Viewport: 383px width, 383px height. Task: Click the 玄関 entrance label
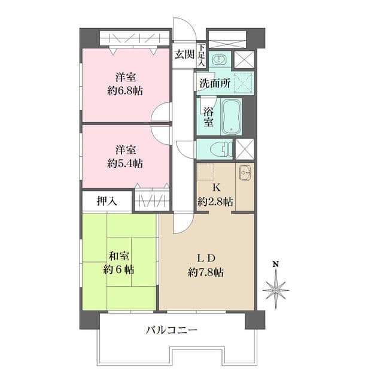(184, 54)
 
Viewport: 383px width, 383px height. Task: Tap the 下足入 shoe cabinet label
(202, 54)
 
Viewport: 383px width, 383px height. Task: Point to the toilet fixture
(220, 148)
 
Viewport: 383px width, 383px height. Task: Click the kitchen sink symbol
(244, 173)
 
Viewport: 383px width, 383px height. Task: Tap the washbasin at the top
(220, 59)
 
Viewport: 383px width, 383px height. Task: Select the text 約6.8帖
(126, 91)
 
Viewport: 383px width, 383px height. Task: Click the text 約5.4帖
(126, 163)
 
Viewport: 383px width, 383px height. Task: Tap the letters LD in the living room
(206, 259)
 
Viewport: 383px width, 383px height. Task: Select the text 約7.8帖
(206, 272)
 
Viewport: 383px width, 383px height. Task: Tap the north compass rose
(275, 290)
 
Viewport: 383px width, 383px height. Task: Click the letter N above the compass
(275, 264)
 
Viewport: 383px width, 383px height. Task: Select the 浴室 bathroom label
(208, 117)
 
